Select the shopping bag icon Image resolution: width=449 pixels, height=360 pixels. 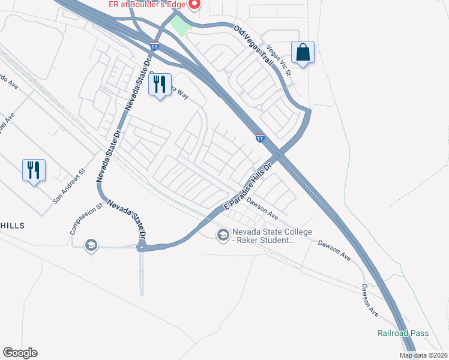303,52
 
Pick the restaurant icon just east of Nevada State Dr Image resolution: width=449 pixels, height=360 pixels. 160,85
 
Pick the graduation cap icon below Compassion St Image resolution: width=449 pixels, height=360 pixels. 91,245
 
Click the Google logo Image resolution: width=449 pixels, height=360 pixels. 20,353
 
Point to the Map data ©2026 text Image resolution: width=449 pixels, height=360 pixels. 423,355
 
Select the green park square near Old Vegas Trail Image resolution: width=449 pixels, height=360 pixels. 178,25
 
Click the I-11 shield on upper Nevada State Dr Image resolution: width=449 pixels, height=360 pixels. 155,46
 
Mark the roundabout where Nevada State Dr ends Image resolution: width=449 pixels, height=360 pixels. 142,247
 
